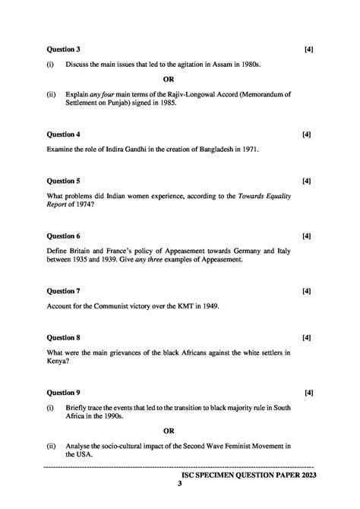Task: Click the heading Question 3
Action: point(64,49)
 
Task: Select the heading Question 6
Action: point(64,236)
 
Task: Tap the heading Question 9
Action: point(64,393)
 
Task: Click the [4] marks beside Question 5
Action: point(306,182)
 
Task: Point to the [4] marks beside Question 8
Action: point(306,337)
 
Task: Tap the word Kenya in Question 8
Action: point(58,362)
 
